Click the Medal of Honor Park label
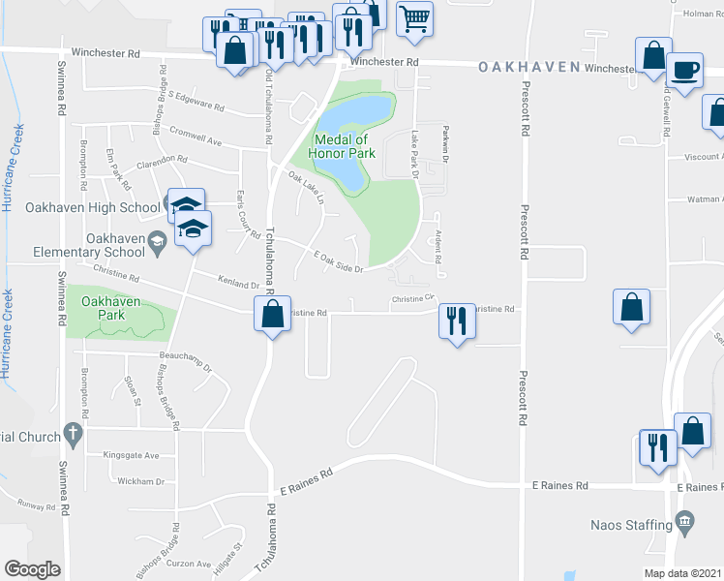tap(342, 145)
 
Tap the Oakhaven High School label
tap(102, 208)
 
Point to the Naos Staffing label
tap(631, 526)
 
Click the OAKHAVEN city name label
tap(528, 68)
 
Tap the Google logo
tap(32, 569)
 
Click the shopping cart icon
tap(414, 16)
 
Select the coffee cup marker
tap(685, 71)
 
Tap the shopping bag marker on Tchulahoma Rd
tap(272, 313)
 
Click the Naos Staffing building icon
tap(685, 523)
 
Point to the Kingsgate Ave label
tap(131, 454)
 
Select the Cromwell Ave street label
tap(195, 136)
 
